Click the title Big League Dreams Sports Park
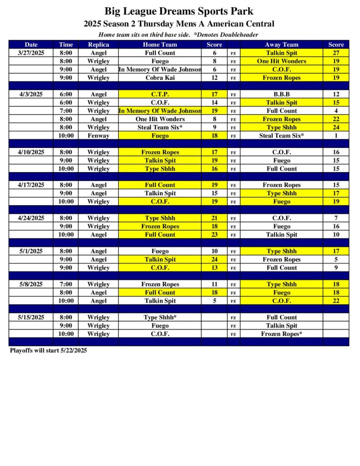point(179,11)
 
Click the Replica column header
point(98,45)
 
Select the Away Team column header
point(281,45)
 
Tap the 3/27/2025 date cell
point(31,53)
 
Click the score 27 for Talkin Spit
point(336,53)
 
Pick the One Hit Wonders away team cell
point(281,61)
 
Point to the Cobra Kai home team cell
point(160,78)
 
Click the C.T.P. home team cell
point(160,94)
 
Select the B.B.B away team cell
point(281,94)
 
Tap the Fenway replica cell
point(98,136)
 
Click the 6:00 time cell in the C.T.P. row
point(66,94)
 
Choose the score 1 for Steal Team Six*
point(336,136)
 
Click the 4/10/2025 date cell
point(31,152)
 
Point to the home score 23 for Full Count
point(214,234)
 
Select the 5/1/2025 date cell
point(31,251)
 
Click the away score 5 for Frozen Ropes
point(336,259)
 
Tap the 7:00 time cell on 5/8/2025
point(66,284)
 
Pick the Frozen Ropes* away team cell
point(281,334)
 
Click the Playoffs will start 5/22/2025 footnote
point(48,350)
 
